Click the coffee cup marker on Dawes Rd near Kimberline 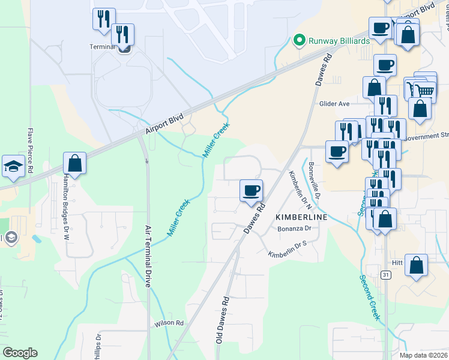coord(252,191)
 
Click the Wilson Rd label coord(169,323)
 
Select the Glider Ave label coord(334,104)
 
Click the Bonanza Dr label coord(294,229)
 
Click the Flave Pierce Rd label coord(30,151)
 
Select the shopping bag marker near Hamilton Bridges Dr coord(74,163)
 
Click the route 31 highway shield coord(386,275)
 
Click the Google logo coord(20,353)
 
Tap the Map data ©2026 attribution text coord(424,355)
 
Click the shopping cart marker coord(426,91)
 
